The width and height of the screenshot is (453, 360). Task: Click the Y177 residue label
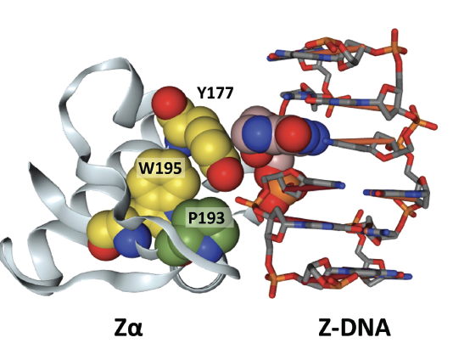pos(215,93)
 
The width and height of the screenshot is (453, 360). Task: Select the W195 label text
pos(160,169)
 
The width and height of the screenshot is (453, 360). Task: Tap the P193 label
pos(206,218)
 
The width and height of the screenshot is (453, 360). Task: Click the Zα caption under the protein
pos(128,328)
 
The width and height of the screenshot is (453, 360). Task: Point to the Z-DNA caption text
pos(355,328)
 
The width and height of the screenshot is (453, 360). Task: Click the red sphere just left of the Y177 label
pos(169,103)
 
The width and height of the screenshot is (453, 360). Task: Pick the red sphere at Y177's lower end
pos(225,173)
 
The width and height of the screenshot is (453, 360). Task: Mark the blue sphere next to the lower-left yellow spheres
pos(132,240)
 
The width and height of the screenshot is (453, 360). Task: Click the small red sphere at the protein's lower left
pos(101,251)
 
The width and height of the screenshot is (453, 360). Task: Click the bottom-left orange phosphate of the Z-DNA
pos(271,278)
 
